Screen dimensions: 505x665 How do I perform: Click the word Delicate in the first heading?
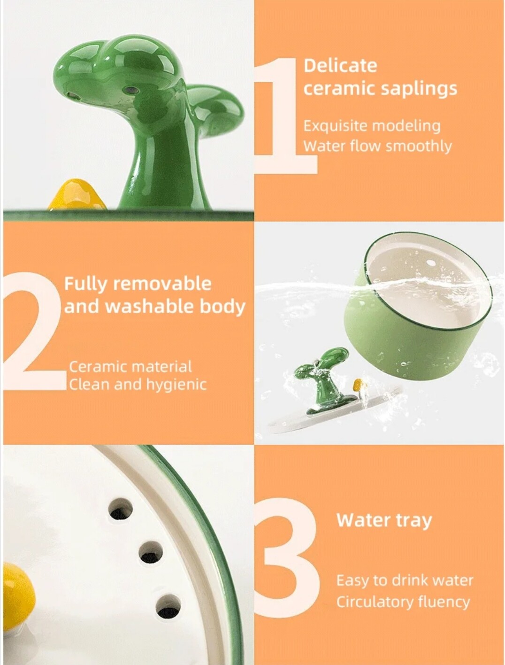tap(340, 65)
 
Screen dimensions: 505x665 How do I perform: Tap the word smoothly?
tap(418, 147)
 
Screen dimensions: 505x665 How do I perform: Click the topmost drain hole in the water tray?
tap(121, 509)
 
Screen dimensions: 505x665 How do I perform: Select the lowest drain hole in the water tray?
tap(168, 606)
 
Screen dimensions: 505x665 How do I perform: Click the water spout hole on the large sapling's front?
tap(130, 90)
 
